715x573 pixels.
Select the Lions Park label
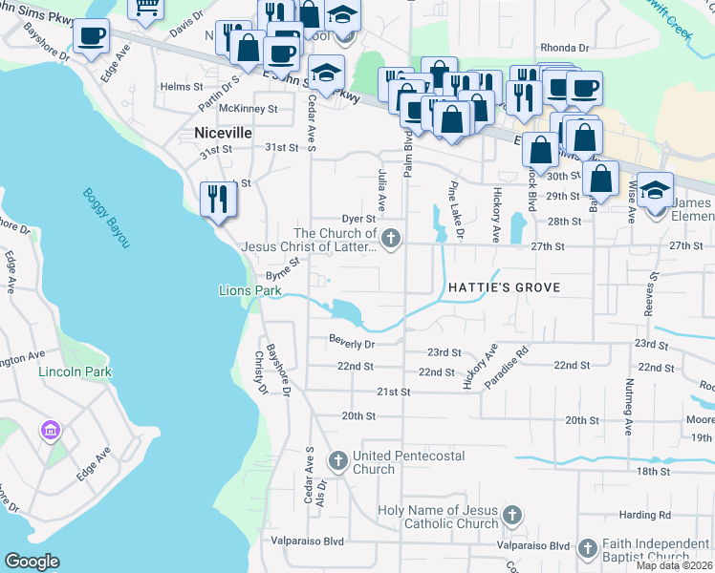coord(241,289)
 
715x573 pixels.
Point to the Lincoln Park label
coord(75,371)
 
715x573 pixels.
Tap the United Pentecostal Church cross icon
coord(337,461)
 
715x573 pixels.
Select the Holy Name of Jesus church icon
coord(512,516)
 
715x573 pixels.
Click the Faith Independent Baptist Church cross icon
coord(586,549)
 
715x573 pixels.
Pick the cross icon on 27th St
coord(389,239)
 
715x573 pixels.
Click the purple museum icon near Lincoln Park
coord(50,432)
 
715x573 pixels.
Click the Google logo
coord(32,562)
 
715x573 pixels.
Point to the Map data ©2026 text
coord(674,565)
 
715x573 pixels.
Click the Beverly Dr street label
coord(351,340)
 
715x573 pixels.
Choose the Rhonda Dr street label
coord(564,48)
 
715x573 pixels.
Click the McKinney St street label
coord(248,109)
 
